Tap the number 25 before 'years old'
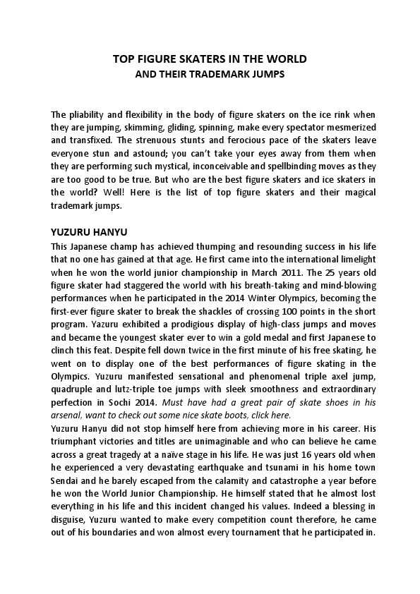(x=329, y=271)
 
